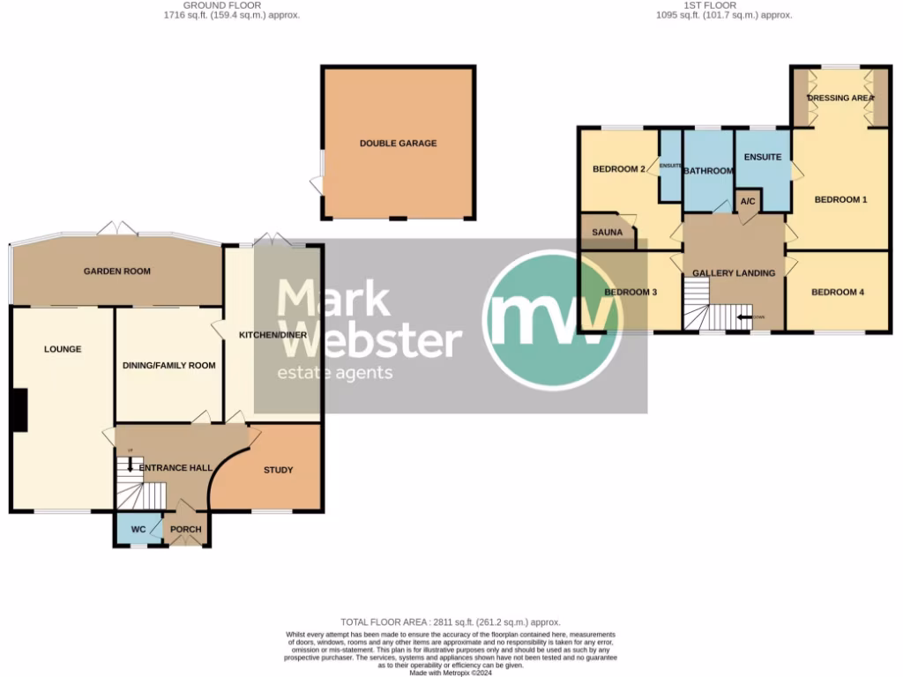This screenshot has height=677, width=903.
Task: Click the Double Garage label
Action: coord(398,143)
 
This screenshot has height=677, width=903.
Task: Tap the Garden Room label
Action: coord(117,272)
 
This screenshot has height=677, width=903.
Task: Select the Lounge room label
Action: coord(63,349)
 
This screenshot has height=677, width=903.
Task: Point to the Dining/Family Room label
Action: coord(168,365)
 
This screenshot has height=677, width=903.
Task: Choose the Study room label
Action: coord(279,470)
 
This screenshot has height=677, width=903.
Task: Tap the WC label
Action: coord(138,530)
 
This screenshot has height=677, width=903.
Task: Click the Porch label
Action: coord(186,530)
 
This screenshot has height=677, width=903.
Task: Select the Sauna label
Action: coord(608,233)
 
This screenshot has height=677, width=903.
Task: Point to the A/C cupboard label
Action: coord(748,202)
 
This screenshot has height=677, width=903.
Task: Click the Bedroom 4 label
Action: coord(838,292)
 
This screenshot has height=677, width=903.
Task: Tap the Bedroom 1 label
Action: coord(840,200)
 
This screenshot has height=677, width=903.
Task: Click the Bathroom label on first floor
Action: coord(709,171)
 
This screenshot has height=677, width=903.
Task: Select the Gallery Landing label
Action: coord(734,273)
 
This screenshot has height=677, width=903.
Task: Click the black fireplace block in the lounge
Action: coord(19,411)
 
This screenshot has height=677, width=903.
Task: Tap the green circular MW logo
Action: coord(553,320)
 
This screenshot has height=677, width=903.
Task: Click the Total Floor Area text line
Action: coord(451,622)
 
